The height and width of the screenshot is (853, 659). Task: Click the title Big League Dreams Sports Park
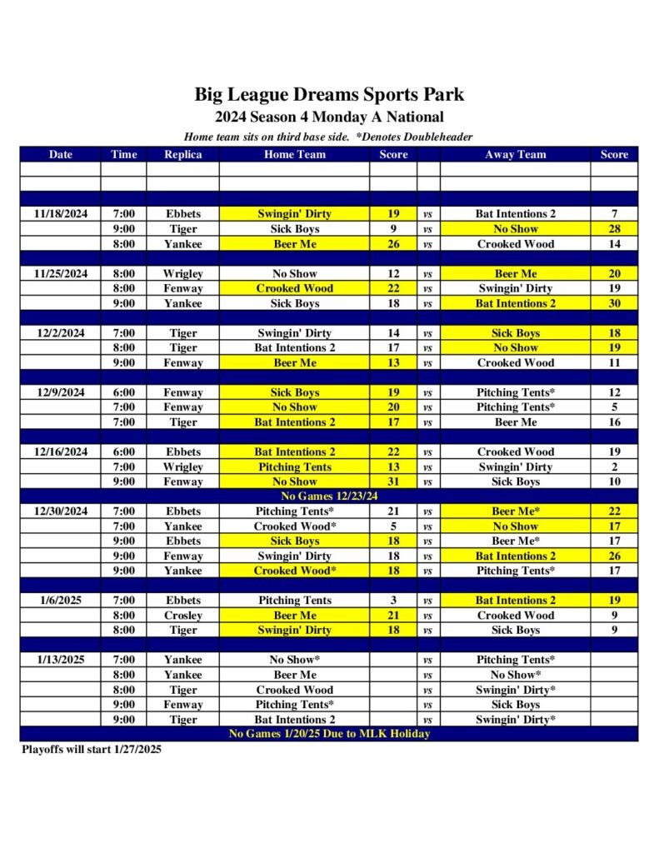coord(329,94)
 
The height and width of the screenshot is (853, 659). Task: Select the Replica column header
coord(182,154)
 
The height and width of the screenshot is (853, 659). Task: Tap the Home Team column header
coord(294,154)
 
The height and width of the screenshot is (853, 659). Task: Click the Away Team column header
coord(515,154)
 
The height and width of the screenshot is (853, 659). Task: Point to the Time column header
coord(123,154)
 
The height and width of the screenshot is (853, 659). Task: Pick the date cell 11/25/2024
coord(61,273)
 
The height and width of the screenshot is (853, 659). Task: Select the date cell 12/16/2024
coord(61,451)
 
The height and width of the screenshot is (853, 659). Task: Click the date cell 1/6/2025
coord(61,600)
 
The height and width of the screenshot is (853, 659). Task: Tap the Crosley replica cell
coord(182,615)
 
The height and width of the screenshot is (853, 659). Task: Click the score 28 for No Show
coord(614,228)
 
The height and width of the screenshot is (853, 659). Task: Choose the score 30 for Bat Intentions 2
coord(614,303)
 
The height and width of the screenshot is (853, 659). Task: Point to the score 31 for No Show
coord(393,481)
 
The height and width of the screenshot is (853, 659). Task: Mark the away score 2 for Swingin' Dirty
coord(614,466)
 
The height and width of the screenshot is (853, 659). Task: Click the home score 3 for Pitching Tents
coord(393,600)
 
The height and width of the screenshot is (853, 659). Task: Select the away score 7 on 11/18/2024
coord(614,213)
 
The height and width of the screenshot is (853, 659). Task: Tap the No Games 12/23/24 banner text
coord(329,496)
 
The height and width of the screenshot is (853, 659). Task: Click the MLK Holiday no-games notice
coord(329,734)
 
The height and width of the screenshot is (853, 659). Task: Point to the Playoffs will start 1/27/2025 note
coord(92,750)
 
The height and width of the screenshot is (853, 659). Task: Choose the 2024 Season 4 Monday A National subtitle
coord(329,117)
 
